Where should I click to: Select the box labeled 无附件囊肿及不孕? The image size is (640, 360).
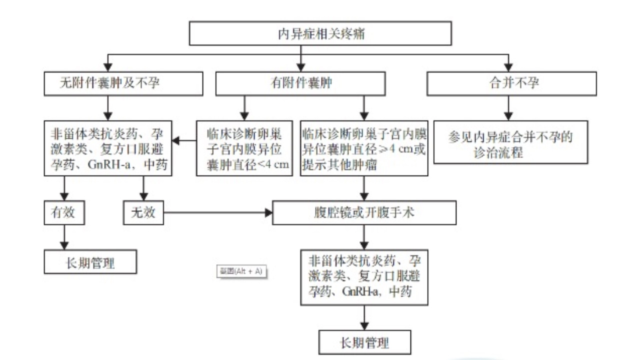(123, 83)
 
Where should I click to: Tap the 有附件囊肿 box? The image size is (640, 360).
(300, 83)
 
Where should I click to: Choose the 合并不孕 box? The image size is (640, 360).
(511, 83)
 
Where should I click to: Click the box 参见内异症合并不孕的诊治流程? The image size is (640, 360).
(510, 142)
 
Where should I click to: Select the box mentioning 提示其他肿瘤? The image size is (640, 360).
(364, 148)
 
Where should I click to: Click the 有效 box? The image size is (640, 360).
(64, 213)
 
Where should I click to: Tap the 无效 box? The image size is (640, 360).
(143, 213)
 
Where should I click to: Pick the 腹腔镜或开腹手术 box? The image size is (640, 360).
(364, 213)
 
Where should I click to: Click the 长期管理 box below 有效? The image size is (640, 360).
(90, 261)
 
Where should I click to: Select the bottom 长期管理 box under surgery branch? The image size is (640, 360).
(364, 342)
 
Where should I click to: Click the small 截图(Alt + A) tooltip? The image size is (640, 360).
(240, 271)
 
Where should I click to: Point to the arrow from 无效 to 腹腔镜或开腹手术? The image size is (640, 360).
(218, 213)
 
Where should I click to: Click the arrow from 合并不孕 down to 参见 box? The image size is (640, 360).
(508, 108)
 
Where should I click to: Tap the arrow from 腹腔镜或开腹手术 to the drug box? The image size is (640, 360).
(364, 236)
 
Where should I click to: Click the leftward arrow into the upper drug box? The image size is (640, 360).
(184, 140)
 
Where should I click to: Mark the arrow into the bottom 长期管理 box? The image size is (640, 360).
(364, 318)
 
